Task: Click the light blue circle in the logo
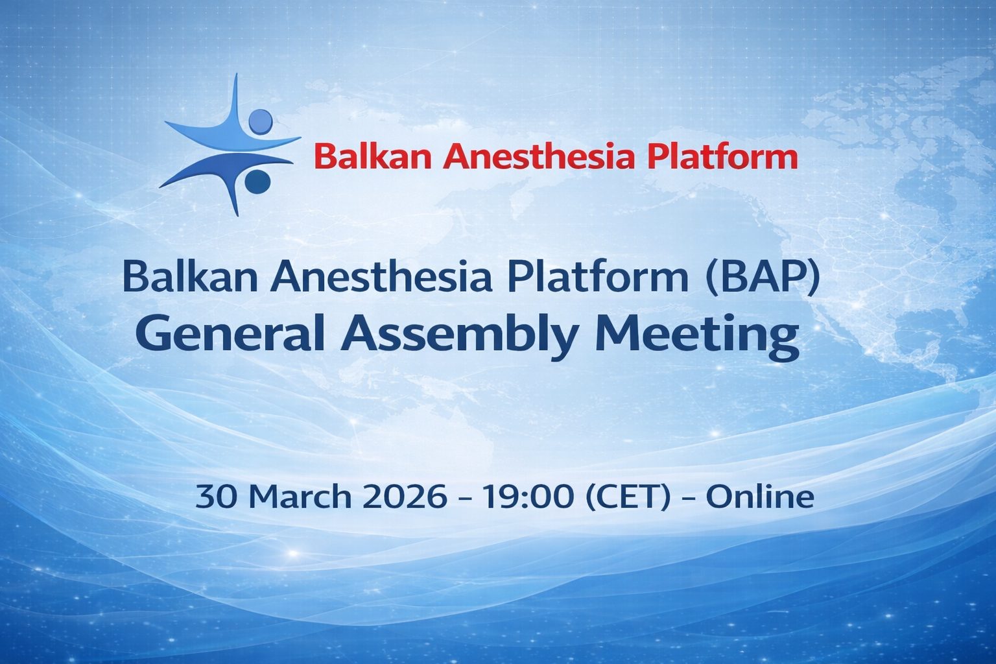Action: tap(261, 121)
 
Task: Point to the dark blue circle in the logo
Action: tap(257, 181)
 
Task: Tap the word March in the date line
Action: tap(302, 496)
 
